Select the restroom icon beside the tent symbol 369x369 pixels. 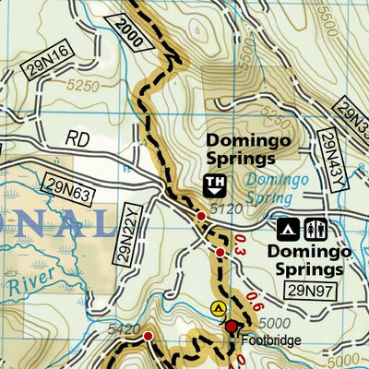(x=315, y=227)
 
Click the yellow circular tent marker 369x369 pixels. (x=218, y=307)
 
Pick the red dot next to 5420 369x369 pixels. (x=148, y=337)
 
